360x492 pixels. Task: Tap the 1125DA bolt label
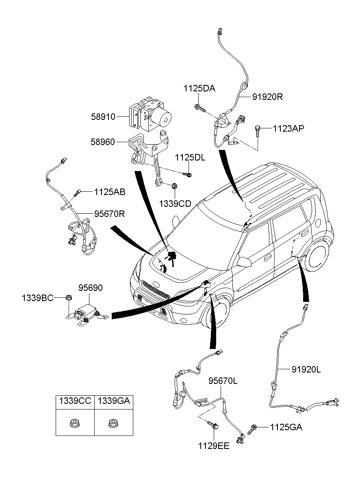pos(199,88)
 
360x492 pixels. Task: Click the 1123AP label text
pos(288,128)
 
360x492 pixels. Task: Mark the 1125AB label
pos(110,191)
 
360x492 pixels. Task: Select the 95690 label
pos(91,288)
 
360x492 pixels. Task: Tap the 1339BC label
pos(37,298)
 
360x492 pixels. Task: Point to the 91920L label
pos(306,369)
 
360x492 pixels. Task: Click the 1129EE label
pos(214,446)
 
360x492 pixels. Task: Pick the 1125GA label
pos(286,427)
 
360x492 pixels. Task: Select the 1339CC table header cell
pos(75,401)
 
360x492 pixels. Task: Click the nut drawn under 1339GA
pos(113,424)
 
